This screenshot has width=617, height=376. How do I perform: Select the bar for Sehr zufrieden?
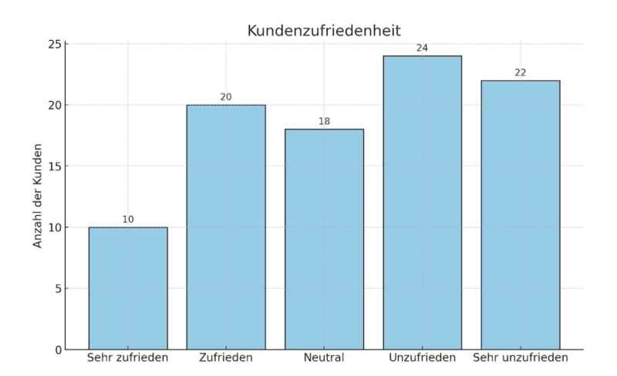point(128,288)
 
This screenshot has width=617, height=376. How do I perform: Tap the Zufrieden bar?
point(226,227)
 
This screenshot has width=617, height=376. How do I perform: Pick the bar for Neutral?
point(324,239)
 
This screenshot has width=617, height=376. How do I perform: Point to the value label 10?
point(128,220)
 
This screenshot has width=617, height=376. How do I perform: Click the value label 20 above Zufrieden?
point(226,97)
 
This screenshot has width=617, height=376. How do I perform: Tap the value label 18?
point(324,122)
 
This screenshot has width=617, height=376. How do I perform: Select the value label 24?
point(422,48)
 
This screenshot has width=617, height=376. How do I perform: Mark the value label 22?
point(520,72)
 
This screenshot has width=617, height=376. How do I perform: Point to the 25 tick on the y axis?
point(52,44)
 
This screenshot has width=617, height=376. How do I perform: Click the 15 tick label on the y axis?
point(52,166)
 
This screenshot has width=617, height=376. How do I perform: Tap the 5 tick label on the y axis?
point(55,288)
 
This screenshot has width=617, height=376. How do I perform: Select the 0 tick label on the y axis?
point(55,350)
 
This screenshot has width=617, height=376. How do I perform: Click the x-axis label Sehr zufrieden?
point(128,358)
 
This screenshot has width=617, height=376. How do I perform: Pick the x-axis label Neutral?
point(324,358)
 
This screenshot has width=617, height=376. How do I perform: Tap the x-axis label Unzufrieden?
point(422,358)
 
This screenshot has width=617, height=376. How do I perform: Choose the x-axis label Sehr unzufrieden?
point(520,358)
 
